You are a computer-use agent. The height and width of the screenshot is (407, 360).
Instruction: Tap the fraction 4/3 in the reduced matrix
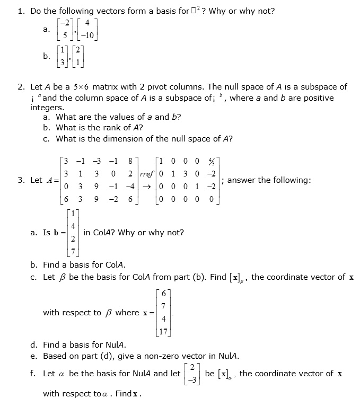pos(212,161)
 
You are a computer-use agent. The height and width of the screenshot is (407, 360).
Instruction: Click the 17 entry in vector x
pos(163,333)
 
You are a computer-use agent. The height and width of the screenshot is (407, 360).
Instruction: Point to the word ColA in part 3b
pos(113,265)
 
